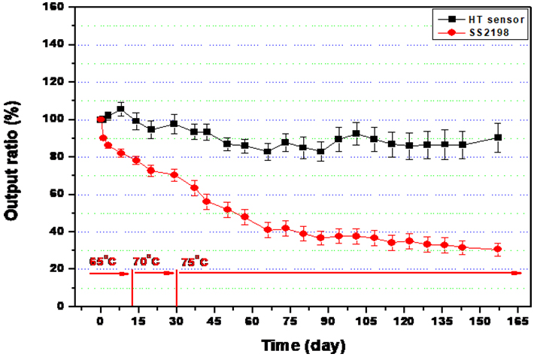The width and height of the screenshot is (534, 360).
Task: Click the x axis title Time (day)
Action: click(303, 346)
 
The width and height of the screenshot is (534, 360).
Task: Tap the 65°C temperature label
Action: click(103, 261)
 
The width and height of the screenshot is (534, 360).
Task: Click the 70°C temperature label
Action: click(146, 261)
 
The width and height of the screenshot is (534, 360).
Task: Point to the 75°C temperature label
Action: click(194, 261)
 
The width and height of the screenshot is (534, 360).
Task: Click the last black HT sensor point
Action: click(497, 138)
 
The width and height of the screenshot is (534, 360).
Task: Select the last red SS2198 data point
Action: click(497, 249)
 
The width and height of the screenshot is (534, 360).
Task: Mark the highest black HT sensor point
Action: click(120, 109)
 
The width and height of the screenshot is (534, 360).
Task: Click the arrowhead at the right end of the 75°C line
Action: click(517, 273)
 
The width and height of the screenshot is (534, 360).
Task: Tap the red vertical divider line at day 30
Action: click(176, 289)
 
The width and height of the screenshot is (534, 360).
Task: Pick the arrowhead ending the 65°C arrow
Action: click(128, 274)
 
